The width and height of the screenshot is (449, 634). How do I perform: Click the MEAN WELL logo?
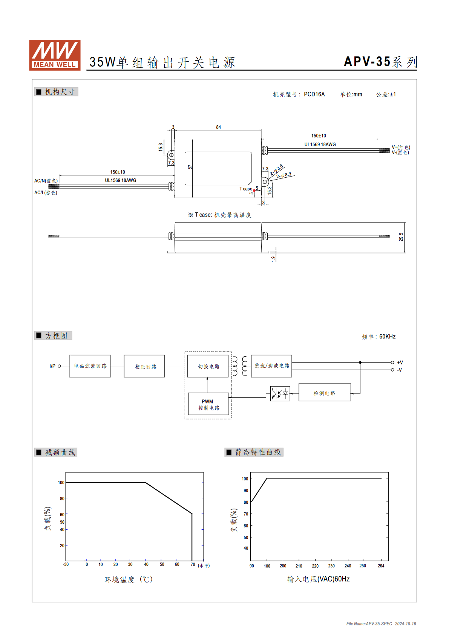55,55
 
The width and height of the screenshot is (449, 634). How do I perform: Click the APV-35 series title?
380,62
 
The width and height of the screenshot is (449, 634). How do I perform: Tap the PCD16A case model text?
314,94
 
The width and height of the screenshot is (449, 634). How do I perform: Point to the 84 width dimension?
218,127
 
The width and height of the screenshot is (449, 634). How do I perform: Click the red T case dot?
254,191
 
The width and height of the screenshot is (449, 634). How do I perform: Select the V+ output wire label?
401,147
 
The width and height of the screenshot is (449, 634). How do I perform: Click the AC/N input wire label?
46,181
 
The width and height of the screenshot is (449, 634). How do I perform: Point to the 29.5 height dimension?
401,237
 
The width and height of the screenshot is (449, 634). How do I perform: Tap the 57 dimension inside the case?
190,167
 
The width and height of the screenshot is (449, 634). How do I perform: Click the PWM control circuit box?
208,404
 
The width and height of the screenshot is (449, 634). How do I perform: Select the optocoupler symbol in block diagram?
280,393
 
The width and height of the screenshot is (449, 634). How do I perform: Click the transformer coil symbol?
239,366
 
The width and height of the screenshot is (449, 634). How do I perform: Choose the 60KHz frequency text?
387,337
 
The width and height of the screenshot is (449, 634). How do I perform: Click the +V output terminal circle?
392,362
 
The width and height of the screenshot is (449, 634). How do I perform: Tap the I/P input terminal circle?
59,366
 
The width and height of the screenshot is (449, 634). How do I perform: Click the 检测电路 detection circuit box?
325,392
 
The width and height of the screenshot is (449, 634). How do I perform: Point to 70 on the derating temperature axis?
193,564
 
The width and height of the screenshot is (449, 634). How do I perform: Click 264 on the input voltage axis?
381,566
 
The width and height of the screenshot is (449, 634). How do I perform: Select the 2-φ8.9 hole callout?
284,175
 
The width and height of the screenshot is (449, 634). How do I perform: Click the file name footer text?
381,623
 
